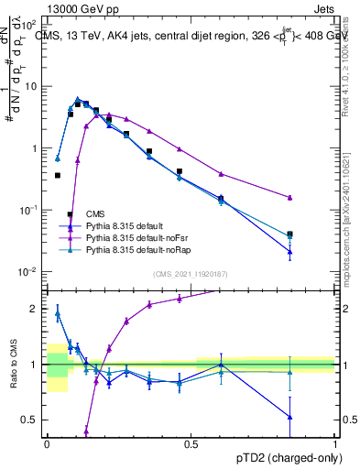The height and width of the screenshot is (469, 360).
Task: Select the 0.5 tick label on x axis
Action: [191, 443]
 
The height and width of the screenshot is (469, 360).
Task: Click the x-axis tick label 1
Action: [335, 443]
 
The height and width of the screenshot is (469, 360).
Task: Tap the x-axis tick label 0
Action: [47, 443]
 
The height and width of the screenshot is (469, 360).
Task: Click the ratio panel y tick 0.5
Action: [31, 420]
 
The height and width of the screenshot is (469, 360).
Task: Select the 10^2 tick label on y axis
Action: [28, 25]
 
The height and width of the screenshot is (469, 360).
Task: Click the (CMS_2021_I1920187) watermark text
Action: [191, 274]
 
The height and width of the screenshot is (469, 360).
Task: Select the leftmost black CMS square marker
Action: [58, 175]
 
